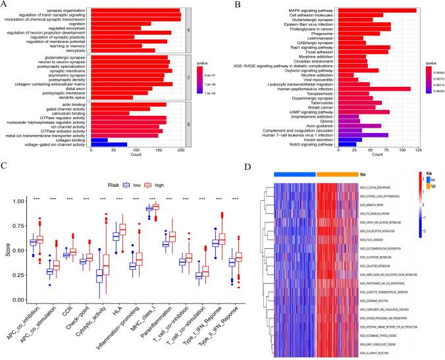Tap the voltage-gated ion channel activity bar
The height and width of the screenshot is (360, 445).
pyautogui.click(x=108, y=145)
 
